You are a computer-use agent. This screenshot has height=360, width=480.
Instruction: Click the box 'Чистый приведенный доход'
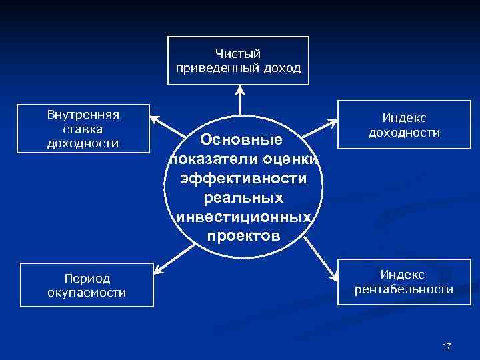click(x=238, y=61)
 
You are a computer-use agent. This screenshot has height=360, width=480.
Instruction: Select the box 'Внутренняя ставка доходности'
click(x=83, y=128)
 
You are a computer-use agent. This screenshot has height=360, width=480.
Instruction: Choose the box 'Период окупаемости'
click(x=87, y=285)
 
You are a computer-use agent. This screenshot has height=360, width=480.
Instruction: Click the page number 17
click(x=447, y=346)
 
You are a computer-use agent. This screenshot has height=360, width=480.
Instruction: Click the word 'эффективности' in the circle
click(x=244, y=179)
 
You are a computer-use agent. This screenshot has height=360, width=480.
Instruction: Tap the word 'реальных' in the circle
click(x=244, y=198)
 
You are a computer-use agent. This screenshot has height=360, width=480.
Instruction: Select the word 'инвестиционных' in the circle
click(x=244, y=217)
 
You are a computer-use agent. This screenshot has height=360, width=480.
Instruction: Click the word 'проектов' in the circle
click(x=244, y=236)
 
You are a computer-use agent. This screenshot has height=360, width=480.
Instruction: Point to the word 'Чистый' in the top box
click(x=238, y=53)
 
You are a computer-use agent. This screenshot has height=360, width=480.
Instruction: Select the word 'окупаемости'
click(x=87, y=292)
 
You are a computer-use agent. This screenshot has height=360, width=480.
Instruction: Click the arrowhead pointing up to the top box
click(x=238, y=91)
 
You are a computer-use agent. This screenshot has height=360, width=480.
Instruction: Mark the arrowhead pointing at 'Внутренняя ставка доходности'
click(x=154, y=119)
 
